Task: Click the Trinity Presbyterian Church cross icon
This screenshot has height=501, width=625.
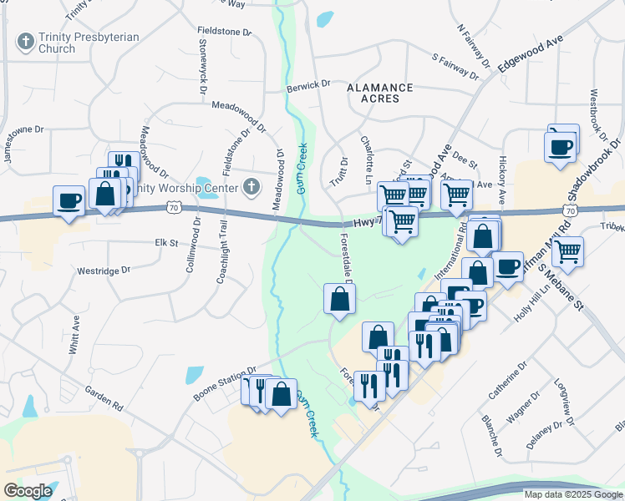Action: pyautogui.click(x=25, y=41)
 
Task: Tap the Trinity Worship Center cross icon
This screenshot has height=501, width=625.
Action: pyautogui.click(x=252, y=186)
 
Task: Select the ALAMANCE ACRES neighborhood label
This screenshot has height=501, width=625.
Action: pyautogui.click(x=380, y=93)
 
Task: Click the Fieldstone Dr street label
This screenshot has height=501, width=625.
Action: pyautogui.click(x=225, y=32)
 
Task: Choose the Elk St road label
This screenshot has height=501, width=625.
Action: pyautogui.click(x=162, y=243)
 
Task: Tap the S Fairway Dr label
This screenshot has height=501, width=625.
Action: pyautogui.click(x=455, y=67)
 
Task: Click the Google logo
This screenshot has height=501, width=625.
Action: pyautogui.click(x=28, y=491)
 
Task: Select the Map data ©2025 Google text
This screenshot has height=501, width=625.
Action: pyautogui.click(x=572, y=494)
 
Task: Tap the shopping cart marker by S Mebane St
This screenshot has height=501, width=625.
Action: pyautogui.click(x=567, y=250)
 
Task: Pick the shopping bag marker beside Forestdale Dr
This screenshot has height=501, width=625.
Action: pyautogui.click(x=339, y=298)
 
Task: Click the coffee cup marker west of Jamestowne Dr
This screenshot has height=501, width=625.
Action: pyautogui.click(x=69, y=201)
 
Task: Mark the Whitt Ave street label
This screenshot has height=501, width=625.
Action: pyautogui.click(x=74, y=333)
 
